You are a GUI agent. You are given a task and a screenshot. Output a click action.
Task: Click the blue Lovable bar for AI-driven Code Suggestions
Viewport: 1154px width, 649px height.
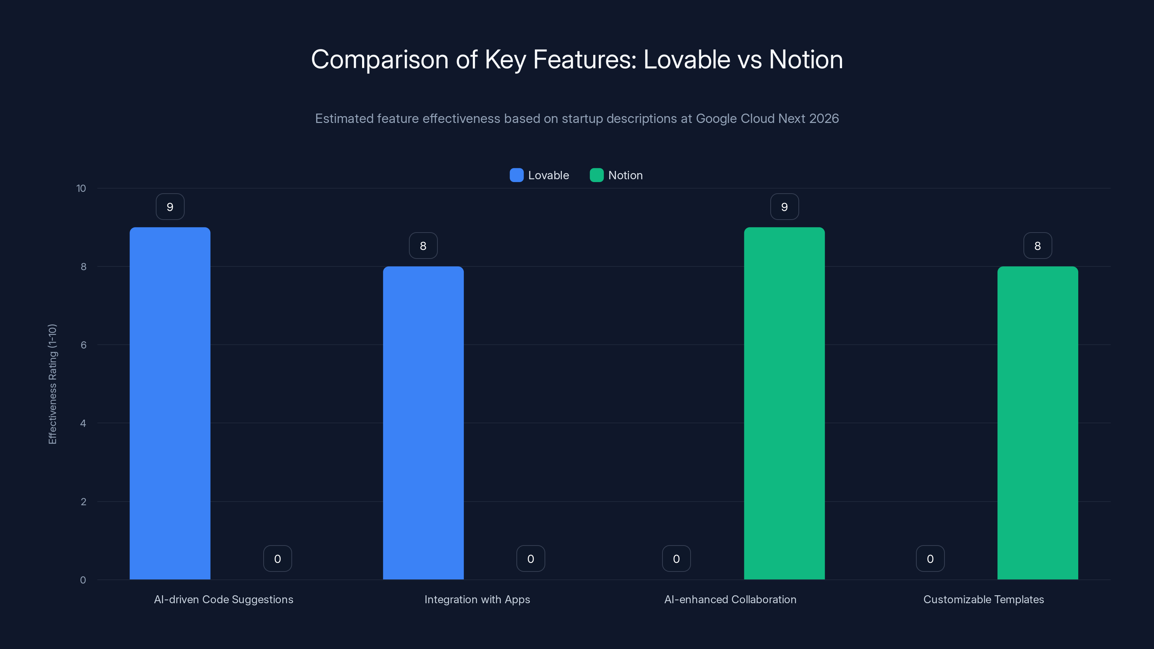pyautogui.click(x=170, y=403)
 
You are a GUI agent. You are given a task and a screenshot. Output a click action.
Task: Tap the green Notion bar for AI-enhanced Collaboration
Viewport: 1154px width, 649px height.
pyautogui.click(x=784, y=403)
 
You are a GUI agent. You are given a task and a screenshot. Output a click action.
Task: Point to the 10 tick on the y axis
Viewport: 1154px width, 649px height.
pyautogui.click(x=81, y=188)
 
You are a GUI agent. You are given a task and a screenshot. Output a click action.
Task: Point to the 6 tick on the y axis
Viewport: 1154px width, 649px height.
pyautogui.click(x=83, y=345)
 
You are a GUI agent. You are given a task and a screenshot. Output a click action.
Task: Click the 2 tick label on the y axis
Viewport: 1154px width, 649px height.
pyautogui.click(x=83, y=502)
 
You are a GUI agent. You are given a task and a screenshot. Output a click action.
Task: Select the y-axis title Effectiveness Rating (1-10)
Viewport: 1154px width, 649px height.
pyautogui.click(x=52, y=384)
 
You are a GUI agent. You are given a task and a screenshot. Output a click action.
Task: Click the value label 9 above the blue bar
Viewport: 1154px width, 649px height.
pyautogui.click(x=170, y=207)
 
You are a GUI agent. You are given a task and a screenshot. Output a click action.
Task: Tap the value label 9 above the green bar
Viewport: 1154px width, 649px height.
pyautogui.click(x=784, y=207)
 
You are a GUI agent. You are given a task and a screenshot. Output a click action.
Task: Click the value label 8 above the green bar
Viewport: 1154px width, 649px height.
pyautogui.click(x=1038, y=246)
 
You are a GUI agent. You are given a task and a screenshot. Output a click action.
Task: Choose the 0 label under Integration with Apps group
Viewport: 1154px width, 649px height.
pyautogui.click(x=530, y=559)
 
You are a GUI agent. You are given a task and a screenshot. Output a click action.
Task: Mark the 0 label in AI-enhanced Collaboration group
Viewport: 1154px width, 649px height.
pyautogui.click(x=676, y=559)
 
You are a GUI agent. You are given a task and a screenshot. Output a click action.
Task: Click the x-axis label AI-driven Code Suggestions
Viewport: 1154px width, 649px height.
pyautogui.click(x=224, y=599)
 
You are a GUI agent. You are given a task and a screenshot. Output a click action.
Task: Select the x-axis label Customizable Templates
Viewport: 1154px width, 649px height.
pyautogui.click(x=983, y=599)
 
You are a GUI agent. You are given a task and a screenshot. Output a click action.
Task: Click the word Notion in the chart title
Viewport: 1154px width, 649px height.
pyautogui.click(x=806, y=59)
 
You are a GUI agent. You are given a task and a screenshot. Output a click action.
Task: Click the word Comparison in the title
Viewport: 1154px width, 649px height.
pyautogui.click(x=379, y=60)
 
